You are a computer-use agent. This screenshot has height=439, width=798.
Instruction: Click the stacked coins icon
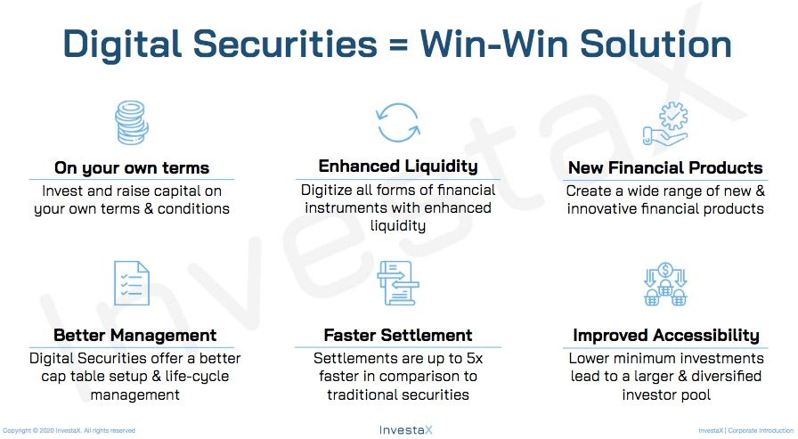click(131, 123)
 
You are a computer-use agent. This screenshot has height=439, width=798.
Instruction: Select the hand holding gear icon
click(665, 124)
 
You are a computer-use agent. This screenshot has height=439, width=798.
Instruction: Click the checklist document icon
click(131, 283)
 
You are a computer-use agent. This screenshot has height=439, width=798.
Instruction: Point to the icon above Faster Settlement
click(398, 283)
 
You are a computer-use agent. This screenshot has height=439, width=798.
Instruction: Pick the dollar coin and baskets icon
click(665, 284)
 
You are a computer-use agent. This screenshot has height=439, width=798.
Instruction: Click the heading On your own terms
click(132, 168)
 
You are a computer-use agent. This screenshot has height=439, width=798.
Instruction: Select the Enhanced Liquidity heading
click(398, 167)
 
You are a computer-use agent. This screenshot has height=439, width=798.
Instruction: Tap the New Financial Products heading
click(665, 168)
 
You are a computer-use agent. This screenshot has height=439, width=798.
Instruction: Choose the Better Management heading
click(134, 335)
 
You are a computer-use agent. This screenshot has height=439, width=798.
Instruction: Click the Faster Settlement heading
click(398, 335)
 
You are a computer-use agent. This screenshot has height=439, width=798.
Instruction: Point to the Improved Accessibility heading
click(665, 335)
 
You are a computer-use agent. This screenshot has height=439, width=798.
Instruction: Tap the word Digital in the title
click(122, 44)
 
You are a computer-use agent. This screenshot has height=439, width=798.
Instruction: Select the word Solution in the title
click(655, 44)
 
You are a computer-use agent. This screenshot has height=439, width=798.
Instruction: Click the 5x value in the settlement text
click(475, 358)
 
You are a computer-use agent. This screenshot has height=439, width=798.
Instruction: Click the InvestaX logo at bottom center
click(405, 430)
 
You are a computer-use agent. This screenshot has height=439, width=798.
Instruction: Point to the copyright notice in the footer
click(69, 430)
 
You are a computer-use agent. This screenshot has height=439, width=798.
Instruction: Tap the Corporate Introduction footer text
click(761, 430)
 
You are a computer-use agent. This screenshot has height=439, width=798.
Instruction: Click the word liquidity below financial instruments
click(398, 226)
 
